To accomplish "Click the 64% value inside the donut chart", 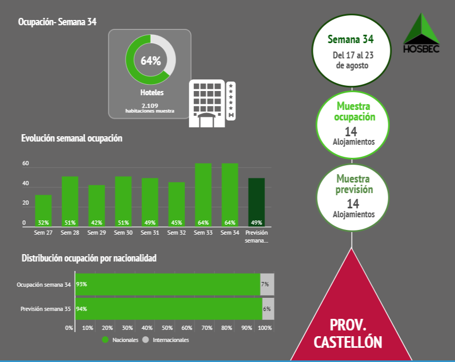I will tap(150, 61).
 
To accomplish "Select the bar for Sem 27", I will tap(43, 210).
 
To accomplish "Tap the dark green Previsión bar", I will tap(256, 202).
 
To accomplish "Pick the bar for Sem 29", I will tap(97, 206).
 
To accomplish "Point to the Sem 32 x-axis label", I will tap(177, 233).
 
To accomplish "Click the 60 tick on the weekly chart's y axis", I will tap(25, 164).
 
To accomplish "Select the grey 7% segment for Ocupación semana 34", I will tap(267, 284).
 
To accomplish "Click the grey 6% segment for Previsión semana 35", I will tap(268, 309).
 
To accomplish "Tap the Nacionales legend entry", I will tap(120, 340).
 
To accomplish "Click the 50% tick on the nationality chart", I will tap(167, 328).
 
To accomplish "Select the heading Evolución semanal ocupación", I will tap(72, 138).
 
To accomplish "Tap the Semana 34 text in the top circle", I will tap(350, 39).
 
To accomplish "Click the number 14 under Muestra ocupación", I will tap(351, 131).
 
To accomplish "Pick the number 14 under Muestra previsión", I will tap(353, 203).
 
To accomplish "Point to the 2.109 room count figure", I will tap(150, 105).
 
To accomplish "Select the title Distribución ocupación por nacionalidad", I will tap(89, 258).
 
